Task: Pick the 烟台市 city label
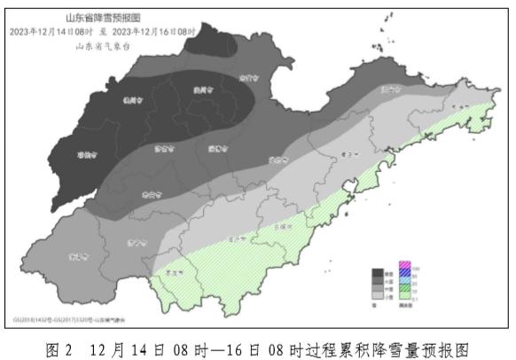[390, 90]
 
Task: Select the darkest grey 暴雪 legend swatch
[377, 273]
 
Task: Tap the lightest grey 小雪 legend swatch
[377, 293]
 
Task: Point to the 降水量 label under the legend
[405, 304]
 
